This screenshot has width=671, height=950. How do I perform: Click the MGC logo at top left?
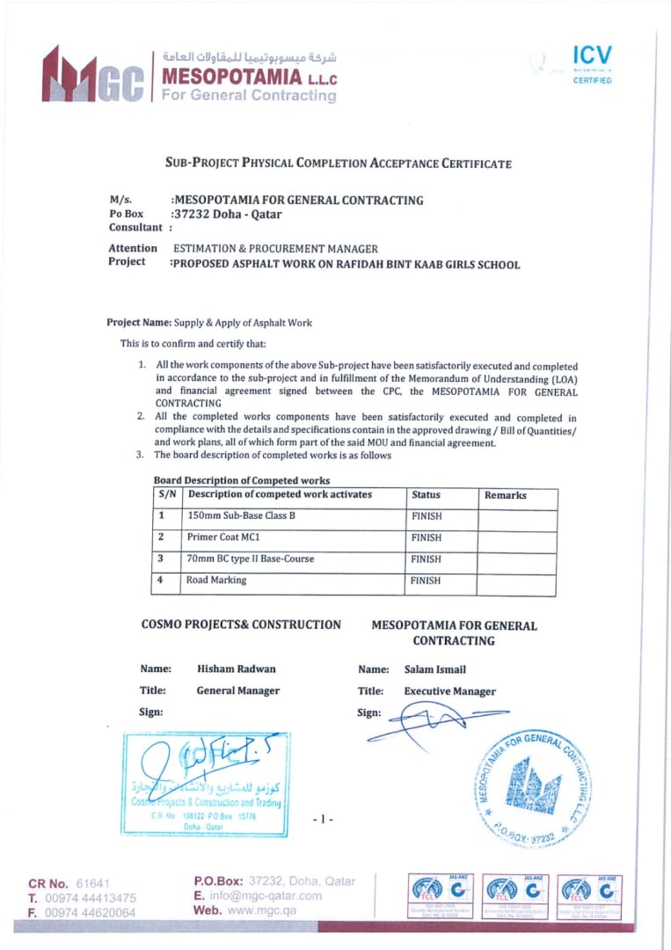click(92, 77)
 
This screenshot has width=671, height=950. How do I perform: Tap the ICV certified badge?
click(591, 63)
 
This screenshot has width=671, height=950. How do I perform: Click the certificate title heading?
click(339, 163)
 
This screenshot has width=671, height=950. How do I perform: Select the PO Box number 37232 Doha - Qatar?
click(227, 214)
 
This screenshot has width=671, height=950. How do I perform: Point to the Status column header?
click(426, 495)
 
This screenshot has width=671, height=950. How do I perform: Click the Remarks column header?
click(506, 495)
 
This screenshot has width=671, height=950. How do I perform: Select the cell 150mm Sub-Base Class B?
click(242, 515)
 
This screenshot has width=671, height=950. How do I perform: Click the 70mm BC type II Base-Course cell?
click(251, 559)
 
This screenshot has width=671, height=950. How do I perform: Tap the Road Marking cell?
click(216, 581)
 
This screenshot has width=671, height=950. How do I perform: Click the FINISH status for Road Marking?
click(427, 581)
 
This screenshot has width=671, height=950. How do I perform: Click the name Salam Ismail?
click(435, 669)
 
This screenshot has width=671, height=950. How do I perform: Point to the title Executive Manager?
click(449, 691)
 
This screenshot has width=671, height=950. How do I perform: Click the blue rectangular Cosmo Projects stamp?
click(205, 783)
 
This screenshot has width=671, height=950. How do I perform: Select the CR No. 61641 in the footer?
click(69, 882)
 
